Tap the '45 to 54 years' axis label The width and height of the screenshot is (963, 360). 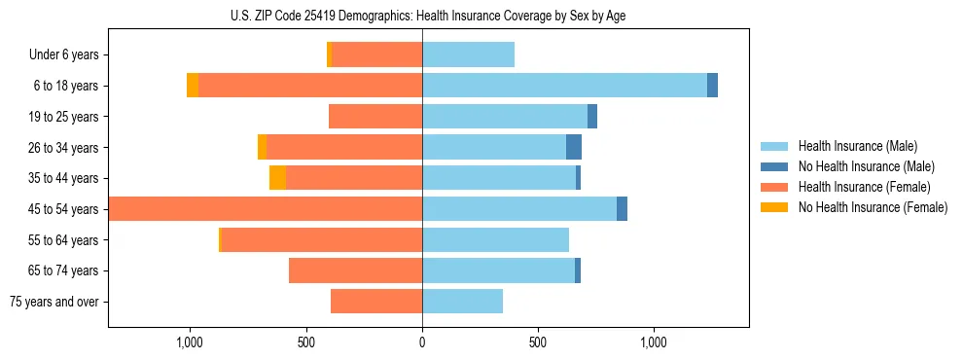(64, 209)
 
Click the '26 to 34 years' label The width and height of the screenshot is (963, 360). (64, 148)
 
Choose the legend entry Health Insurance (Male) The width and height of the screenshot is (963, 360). (857, 146)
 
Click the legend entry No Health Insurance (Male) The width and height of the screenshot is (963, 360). (866, 166)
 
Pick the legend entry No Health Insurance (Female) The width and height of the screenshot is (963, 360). (873, 207)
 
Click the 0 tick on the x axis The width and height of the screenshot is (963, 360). (422, 343)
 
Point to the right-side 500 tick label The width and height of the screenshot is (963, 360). (537, 343)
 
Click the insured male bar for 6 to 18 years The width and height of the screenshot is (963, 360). (564, 86)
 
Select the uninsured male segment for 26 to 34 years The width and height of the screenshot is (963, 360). (574, 148)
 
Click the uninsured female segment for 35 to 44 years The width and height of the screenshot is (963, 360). (277, 178)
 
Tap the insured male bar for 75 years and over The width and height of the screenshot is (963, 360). (462, 302)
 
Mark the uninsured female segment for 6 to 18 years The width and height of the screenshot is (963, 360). (193, 86)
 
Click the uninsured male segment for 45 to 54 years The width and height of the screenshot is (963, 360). (622, 209)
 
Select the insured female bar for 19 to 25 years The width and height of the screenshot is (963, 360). (375, 117)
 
